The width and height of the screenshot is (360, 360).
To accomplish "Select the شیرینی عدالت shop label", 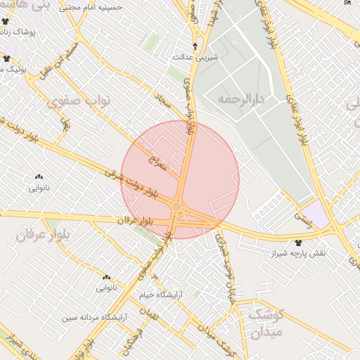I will coord(193,58).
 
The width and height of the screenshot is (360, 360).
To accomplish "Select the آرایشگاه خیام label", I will coord(160,295).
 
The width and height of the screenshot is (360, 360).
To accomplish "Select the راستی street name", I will coord(303,219).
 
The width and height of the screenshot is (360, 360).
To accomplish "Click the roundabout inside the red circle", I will coord(176,207).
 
